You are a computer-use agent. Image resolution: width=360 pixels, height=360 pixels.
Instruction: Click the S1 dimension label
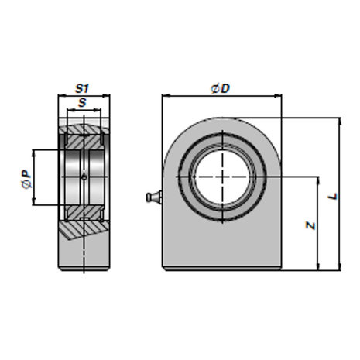tap(82, 88)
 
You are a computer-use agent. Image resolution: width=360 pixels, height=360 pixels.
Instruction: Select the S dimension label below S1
tap(82, 103)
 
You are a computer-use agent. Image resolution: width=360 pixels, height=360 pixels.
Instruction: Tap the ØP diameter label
tap(26, 179)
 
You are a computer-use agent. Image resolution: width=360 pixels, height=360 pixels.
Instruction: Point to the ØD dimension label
tap(220, 88)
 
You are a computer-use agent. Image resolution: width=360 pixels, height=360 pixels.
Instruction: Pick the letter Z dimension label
tap(310, 225)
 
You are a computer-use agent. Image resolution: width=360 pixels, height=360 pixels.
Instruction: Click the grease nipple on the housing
tap(154, 197)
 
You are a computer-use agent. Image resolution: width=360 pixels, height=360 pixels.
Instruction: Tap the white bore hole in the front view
tap(222, 177)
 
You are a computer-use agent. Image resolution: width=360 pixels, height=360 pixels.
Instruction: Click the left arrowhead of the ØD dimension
tap(166, 96)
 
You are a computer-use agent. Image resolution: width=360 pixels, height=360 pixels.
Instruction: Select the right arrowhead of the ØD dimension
tap(278, 96)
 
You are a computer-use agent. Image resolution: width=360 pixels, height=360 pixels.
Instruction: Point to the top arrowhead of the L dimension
tap(340, 122)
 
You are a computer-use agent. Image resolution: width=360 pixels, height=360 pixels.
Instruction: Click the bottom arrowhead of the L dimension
tap(340, 266)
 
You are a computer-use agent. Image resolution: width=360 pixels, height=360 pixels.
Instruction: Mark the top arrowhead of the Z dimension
tap(318, 180)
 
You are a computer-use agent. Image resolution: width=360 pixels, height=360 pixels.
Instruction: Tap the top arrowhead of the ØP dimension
tap(33, 153)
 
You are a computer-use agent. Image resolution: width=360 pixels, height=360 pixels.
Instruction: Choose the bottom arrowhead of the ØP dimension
tap(33, 201)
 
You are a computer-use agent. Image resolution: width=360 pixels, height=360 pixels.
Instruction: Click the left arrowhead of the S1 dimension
tap(62, 96)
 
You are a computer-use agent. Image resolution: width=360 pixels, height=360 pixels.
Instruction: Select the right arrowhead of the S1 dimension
tap(106, 96)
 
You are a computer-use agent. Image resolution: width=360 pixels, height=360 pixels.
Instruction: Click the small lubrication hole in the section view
tap(84, 177)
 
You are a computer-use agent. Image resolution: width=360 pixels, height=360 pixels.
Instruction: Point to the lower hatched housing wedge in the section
tap(83, 229)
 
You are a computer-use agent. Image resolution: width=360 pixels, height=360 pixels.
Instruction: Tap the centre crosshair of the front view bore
tap(222, 177)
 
